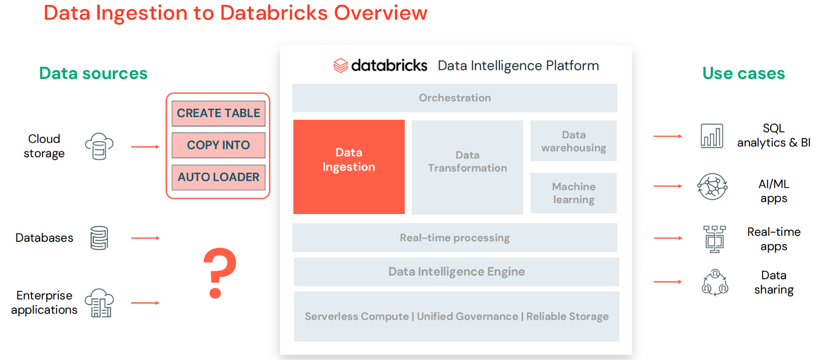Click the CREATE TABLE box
coord(218,113)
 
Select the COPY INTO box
coord(218,145)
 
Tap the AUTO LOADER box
coord(218,177)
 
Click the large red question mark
coord(219,272)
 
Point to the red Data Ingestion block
coord(349,167)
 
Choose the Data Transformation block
coord(467,167)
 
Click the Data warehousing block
coord(574,141)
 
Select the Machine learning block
coord(574,193)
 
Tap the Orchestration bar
coord(454,98)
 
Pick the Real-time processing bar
coord(454,238)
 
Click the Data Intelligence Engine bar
coord(456,272)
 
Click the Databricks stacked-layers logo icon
coord(340,66)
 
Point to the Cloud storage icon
coord(99,147)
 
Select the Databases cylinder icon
coord(99,238)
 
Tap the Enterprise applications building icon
coord(99,303)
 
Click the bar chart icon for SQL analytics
coord(712,136)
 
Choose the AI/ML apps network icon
coord(712,186)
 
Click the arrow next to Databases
coord(145,238)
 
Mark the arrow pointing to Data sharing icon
coord(668,282)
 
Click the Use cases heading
coord(744,74)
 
